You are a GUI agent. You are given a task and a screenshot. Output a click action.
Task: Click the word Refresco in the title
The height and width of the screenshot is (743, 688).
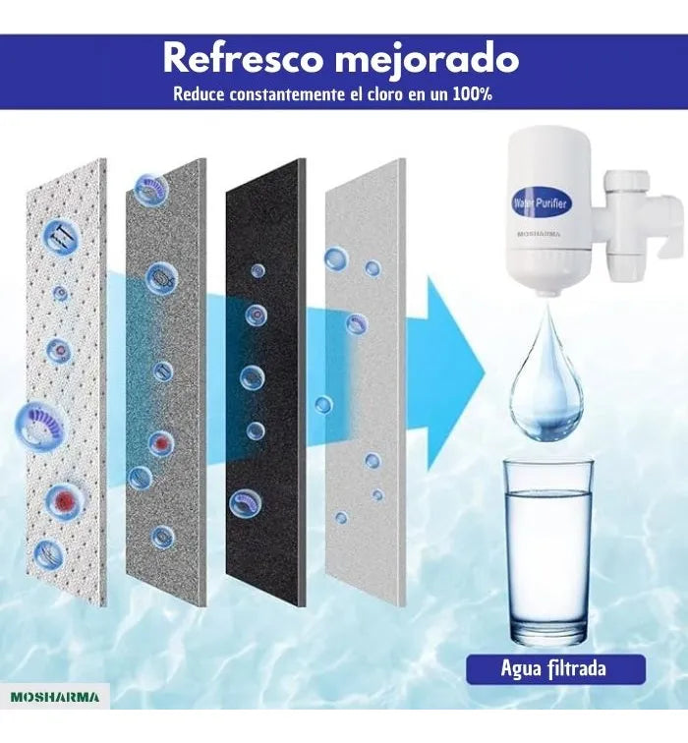click(242, 59)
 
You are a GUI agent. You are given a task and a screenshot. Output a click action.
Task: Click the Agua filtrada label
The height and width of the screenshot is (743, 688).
click(553, 668)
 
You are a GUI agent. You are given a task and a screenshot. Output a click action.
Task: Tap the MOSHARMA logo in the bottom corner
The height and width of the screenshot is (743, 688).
click(55, 697)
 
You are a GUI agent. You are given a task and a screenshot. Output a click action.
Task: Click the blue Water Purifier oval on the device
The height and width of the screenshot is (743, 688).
click(541, 203)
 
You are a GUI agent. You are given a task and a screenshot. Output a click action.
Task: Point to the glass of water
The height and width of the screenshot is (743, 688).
click(548, 553)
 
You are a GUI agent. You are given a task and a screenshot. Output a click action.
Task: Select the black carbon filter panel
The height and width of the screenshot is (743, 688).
click(265, 382)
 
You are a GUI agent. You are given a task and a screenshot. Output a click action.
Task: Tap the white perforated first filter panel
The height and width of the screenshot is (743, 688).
click(66, 382)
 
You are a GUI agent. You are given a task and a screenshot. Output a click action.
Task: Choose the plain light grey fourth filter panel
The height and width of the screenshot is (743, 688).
click(366, 382)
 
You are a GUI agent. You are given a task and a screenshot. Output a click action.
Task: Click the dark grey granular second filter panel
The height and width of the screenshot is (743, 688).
click(166, 382)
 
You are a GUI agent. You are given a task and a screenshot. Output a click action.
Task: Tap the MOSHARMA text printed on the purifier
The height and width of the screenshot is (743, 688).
click(539, 234)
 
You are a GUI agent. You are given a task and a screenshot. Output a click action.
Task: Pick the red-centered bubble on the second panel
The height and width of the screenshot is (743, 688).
click(161, 443)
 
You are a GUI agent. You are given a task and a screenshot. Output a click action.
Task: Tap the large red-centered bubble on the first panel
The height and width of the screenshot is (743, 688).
click(66, 499)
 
